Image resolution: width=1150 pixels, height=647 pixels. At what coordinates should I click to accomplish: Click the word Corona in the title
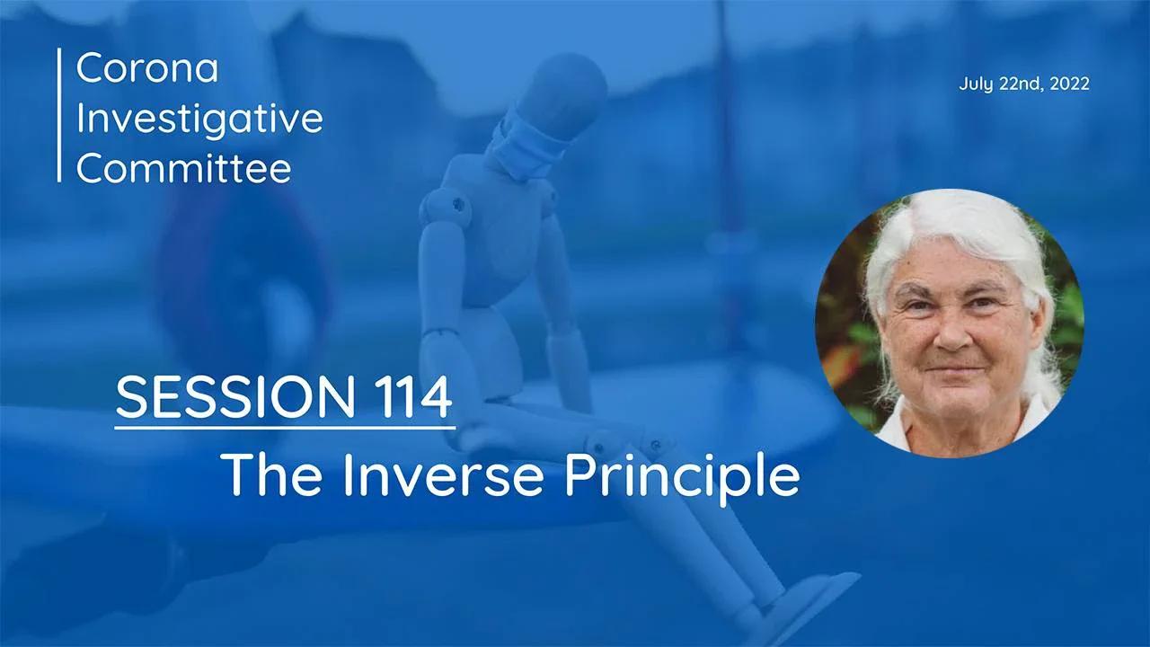[x=147, y=68]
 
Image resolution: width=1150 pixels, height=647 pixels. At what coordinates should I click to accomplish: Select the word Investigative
[x=199, y=119]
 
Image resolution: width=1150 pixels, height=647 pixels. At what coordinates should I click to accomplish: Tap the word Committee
[x=184, y=168]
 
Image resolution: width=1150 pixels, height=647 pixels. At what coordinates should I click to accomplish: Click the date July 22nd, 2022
[x=1024, y=84]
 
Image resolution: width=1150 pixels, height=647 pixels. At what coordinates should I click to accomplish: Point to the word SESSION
[x=233, y=397]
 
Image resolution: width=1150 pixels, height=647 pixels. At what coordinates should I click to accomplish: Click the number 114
[x=409, y=397]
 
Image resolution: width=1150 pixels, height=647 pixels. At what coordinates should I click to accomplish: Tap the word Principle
[x=682, y=476]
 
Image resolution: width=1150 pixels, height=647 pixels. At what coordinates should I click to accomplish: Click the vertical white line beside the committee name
[x=60, y=115]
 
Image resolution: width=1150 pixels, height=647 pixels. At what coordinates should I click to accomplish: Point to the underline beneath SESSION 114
[x=285, y=427]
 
